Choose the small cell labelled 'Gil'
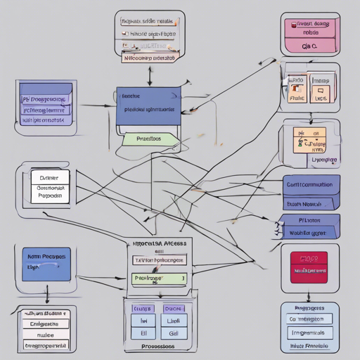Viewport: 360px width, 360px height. (x=174, y=334)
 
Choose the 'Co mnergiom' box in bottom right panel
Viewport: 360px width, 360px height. (x=309, y=319)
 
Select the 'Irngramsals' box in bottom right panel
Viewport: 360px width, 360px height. (x=309, y=332)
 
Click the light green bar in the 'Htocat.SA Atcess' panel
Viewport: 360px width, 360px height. (x=158, y=278)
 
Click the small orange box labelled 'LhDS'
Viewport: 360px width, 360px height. (x=320, y=99)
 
